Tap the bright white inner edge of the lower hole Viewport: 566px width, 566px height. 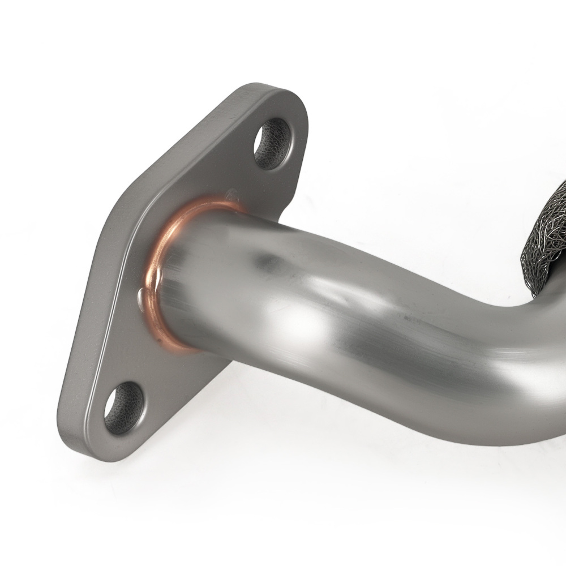pyautogui.click(x=111, y=405)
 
